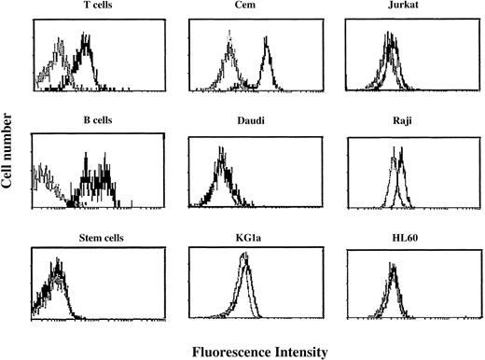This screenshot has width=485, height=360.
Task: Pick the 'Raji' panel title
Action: (392, 127)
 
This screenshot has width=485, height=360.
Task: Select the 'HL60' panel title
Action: (392, 240)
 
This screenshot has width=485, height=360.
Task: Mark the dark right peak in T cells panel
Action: (87, 41)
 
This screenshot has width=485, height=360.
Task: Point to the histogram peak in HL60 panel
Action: (393, 272)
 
